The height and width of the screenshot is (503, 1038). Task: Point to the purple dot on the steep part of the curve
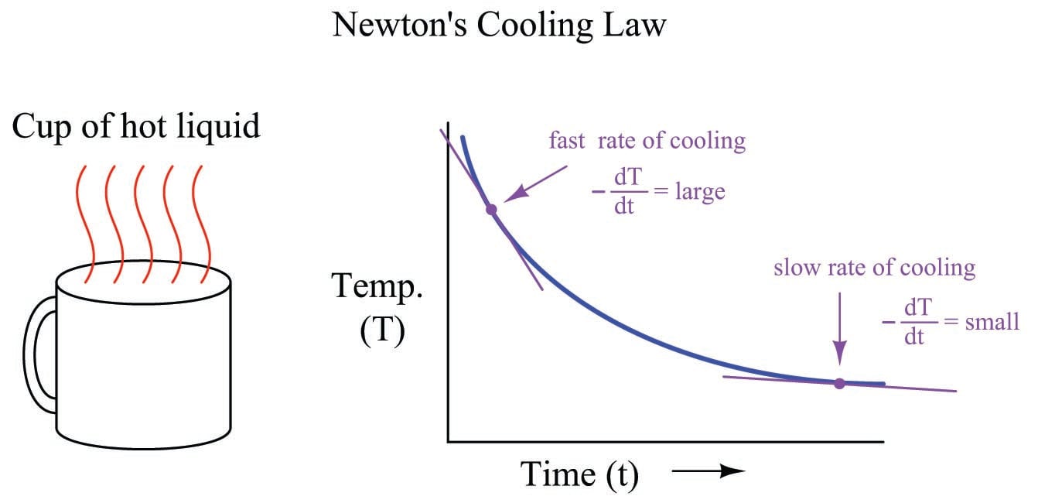pyautogui.click(x=490, y=209)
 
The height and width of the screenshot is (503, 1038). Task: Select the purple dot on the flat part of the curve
pyautogui.click(x=839, y=383)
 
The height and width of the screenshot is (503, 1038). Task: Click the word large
pyautogui.click(x=699, y=190)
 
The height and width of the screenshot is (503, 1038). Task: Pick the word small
pyautogui.click(x=992, y=321)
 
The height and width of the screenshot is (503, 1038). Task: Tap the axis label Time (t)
pyautogui.click(x=580, y=474)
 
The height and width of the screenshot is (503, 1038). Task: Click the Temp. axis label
pyautogui.click(x=379, y=286)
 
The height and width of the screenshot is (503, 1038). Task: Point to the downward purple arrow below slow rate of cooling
pyautogui.click(x=840, y=333)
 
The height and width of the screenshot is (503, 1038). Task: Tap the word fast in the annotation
pyautogui.click(x=567, y=142)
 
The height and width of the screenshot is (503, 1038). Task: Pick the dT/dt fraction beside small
pyautogui.click(x=914, y=322)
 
